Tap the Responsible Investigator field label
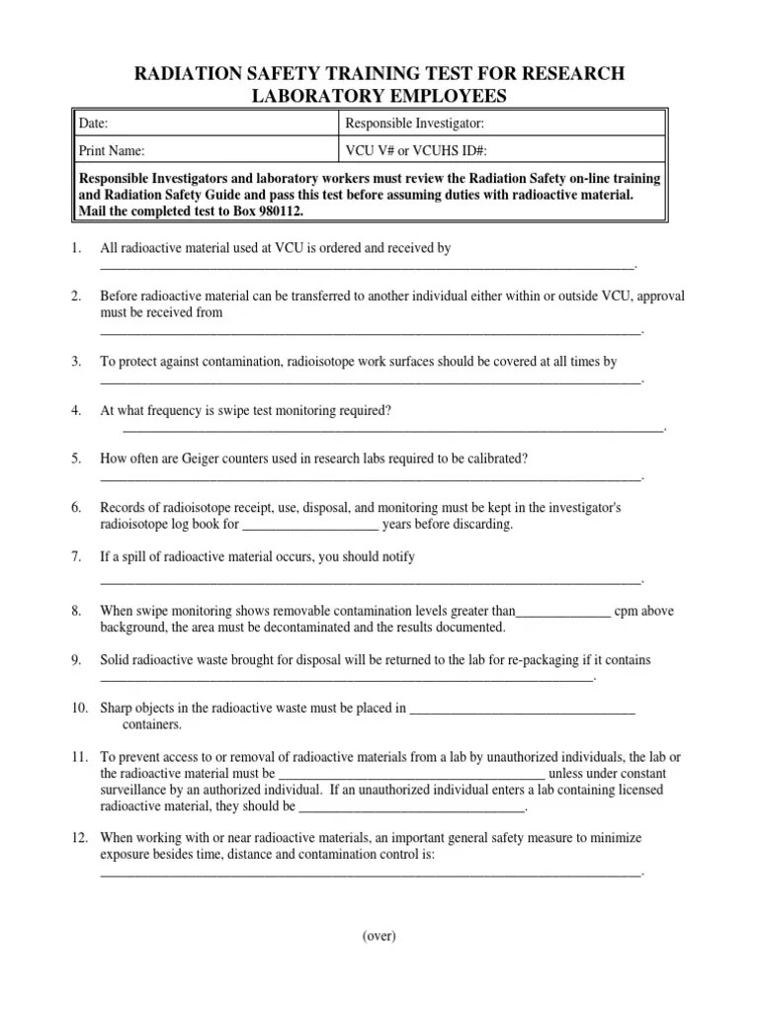point(414,124)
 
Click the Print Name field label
point(112,151)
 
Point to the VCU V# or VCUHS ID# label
point(415,151)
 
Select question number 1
point(76,248)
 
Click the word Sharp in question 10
point(117,708)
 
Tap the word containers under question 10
point(152,724)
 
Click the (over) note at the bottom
point(379,937)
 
